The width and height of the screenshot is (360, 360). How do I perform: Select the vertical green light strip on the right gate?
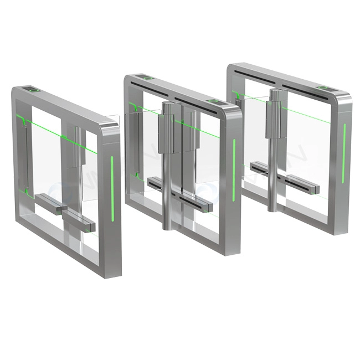[344, 144]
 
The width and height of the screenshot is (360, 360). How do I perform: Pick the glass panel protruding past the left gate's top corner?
[112, 119]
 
